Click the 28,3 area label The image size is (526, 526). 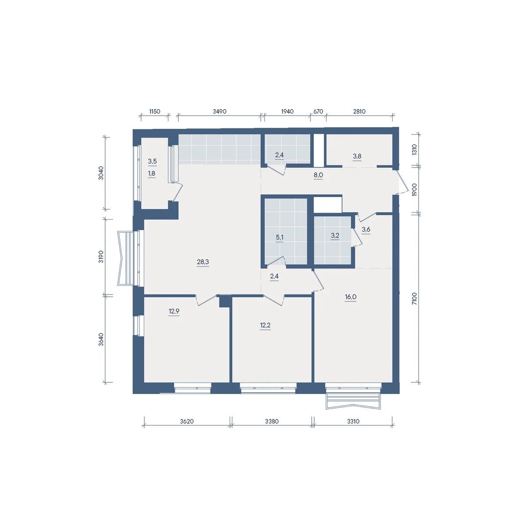tap(203, 262)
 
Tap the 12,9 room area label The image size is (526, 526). tap(174, 311)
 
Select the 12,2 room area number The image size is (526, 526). tap(265, 325)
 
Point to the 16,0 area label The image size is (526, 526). tap(351, 297)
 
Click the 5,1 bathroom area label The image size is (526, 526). tap(280, 237)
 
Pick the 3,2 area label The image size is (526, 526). tap(335, 235)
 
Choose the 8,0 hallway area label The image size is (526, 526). tap(318, 175)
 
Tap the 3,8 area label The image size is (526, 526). tap(357, 156)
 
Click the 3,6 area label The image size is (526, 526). tap(366, 229)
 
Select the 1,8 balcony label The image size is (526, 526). tap(152, 173)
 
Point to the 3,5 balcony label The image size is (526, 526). tap(152, 161)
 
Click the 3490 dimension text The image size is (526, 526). tap(220, 111)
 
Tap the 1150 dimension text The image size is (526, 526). tap(154, 111)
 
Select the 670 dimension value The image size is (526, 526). tap(318, 111)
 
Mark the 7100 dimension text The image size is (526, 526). tap(414, 299)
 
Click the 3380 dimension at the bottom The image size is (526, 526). tap(272, 421)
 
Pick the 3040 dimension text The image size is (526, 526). tap(101, 173)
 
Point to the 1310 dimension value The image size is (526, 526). tap(414, 150)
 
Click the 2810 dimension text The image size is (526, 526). tap(359, 111)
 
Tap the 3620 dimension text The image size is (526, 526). tap(187, 421)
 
